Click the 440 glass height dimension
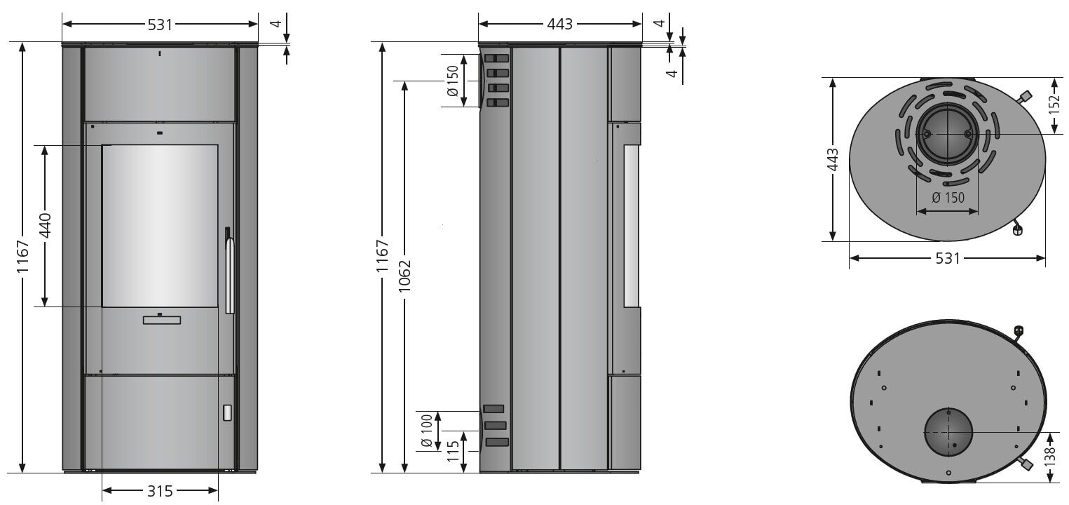pyautogui.click(x=45, y=226)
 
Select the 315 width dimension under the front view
pyautogui.click(x=160, y=491)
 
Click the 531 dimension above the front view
pyautogui.click(x=160, y=24)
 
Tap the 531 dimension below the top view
pyautogui.click(x=947, y=258)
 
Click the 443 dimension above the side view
pyautogui.click(x=560, y=24)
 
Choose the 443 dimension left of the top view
pyautogui.click(x=832, y=160)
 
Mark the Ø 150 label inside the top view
pyautogui.click(x=947, y=198)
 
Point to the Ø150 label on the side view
pyautogui.click(x=452, y=81)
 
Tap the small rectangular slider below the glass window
pyautogui.click(x=161, y=320)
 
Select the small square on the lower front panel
pyautogui.click(x=227, y=412)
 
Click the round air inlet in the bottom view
pyautogui.click(x=948, y=432)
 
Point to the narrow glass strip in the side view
pyautogui.click(x=631, y=226)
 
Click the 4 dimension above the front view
pyautogui.click(x=276, y=24)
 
